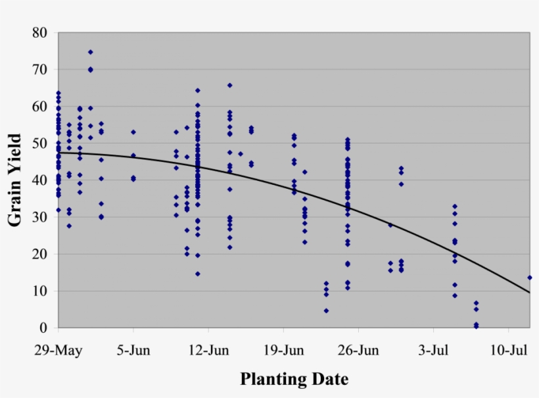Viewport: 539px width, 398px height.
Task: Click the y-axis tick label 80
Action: pyautogui.click(x=40, y=32)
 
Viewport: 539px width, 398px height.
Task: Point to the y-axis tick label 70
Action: pyautogui.click(x=40, y=69)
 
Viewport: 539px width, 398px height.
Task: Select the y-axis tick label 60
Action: pyautogui.click(x=40, y=106)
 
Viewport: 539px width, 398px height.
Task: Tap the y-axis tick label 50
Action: pyautogui.click(x=40, y=143)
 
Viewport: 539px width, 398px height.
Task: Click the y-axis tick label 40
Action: pyautogui.click(x=40, y=180)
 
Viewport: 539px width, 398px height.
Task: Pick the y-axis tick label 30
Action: pyautogui.click(x=40, y=216)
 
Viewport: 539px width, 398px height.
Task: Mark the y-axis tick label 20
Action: pyautogui.click(x=40, y=253)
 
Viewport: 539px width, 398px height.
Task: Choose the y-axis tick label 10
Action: pyautogui.click(x=40, y=290)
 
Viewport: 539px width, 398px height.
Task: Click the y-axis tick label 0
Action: pyautogui.click(x=44, y=328)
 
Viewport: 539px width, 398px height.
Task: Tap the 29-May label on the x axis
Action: pyautogui.click(x=59, y=350)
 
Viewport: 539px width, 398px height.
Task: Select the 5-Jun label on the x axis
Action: pyautogui.click(x=133, y=350)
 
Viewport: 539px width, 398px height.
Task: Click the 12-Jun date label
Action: pyautogui.click(x=208, y=350)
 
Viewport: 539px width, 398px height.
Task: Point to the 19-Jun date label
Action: pyautogui.click(x=284, y=350)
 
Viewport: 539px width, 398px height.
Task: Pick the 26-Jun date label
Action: pyautogui.click(x=359, y=350)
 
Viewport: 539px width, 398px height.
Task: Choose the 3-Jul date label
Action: pyautogui.click(x=434, y=350)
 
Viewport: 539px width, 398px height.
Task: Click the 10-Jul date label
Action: pyautogui.click(x=509, y=350)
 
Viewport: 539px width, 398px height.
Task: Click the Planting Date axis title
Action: pyautogui.click(x=294, y=379)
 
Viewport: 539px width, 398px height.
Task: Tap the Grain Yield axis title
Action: pyautogui.click(x=16, y=180)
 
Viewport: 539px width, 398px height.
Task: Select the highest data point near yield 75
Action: pyautogui.click(x=91, y=52)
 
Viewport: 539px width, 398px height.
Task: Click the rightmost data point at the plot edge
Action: pyautogui.click(x=529, y=278)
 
